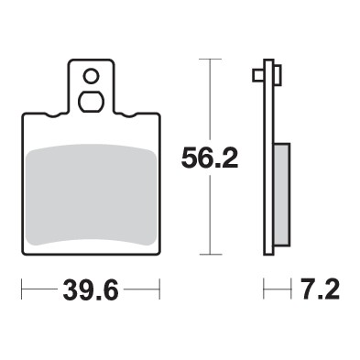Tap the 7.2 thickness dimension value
pos(319,290)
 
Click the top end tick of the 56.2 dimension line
pos(211,59)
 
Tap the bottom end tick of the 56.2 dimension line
pos(211,254)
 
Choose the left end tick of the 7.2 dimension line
pos(265,290)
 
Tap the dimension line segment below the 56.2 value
pos(211,215)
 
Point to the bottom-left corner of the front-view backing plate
pos(22,251)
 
